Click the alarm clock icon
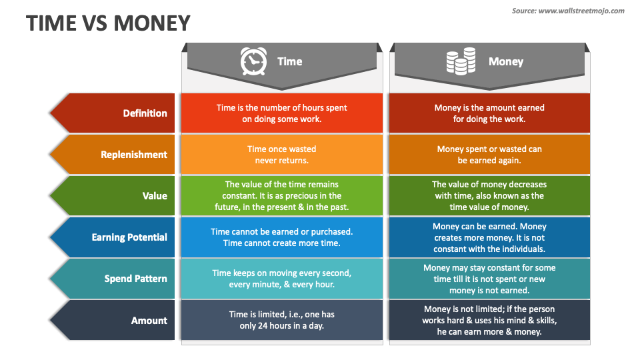point(253,61)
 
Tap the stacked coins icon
point(461,61)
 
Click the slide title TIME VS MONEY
point(108,23)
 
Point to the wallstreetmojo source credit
point(568,11)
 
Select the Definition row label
point(145,113)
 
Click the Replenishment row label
point(133,155)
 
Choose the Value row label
point(155,196)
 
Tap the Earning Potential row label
point(129,237)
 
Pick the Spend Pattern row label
point(135,279)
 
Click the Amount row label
point(149,320)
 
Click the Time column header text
point(289,61)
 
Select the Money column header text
point(505,61)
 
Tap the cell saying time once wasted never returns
point(282,155)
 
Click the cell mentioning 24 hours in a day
point(282,320)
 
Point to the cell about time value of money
point(489,196)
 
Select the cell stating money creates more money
point(489,237)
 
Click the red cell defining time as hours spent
point(282,113)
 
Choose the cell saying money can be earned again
point(489,155)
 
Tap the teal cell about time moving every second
point(282,279)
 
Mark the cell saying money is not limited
point(489,320)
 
